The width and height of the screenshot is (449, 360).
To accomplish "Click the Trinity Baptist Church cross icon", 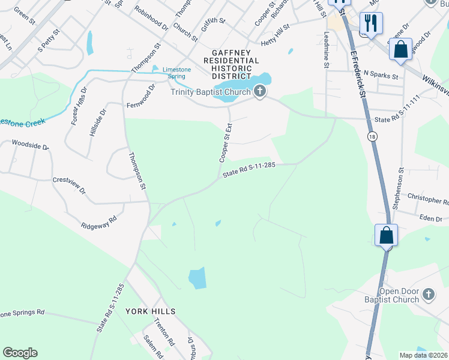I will tap(260, 92).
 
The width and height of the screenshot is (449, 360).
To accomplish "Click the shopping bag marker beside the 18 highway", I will tap(387, 235).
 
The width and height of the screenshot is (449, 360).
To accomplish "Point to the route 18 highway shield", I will tap(373, 137).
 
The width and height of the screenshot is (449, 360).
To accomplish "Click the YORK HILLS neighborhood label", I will tap(151, 311).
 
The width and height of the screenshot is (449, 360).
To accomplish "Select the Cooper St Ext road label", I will tap(226, 143).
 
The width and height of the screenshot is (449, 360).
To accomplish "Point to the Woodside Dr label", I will tap(30, 145).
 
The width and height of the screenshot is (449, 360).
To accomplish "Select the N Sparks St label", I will tap(381, 77).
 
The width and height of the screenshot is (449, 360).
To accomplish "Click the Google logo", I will tap(20, 353).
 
